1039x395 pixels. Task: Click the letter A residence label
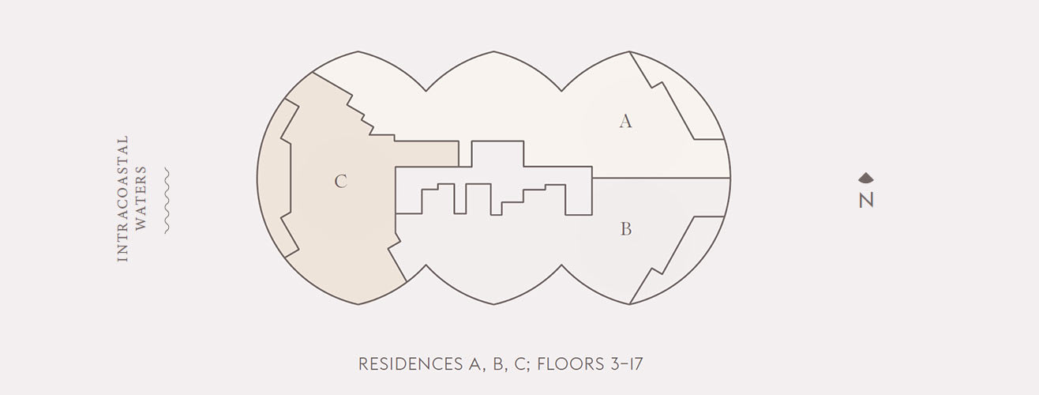[x=625, y=122]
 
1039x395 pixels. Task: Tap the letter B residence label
[x=625, y=230]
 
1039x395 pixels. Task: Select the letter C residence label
[x=340, y=182]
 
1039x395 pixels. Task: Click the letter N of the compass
[x=866, y=201]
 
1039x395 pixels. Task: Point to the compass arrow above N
[x=866, y=179]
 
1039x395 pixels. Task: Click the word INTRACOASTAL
[x=122, y=198]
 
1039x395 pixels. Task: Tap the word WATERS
[x=141, y=198]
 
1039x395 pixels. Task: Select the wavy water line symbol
[x=166, y=201]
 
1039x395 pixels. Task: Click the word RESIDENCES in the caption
[x=406, y=364]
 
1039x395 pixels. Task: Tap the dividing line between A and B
[x=659, y=178]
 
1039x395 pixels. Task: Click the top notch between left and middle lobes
[x=426, y=89]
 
